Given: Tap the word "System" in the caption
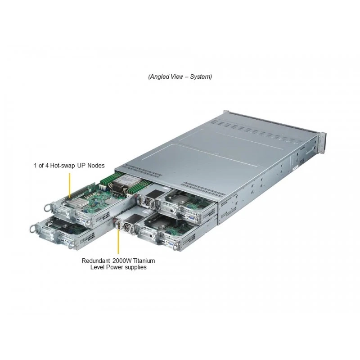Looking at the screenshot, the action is coord(200,76).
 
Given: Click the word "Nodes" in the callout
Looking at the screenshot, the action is coord(96,166).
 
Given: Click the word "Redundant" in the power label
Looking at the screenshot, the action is coord(96,261).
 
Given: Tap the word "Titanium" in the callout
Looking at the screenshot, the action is coord(144,261).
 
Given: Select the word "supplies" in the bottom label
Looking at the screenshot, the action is coord(135,267).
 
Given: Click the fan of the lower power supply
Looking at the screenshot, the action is coord(126,228).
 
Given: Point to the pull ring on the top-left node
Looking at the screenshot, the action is coord(48,208).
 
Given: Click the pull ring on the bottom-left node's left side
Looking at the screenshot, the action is coord(33,228).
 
